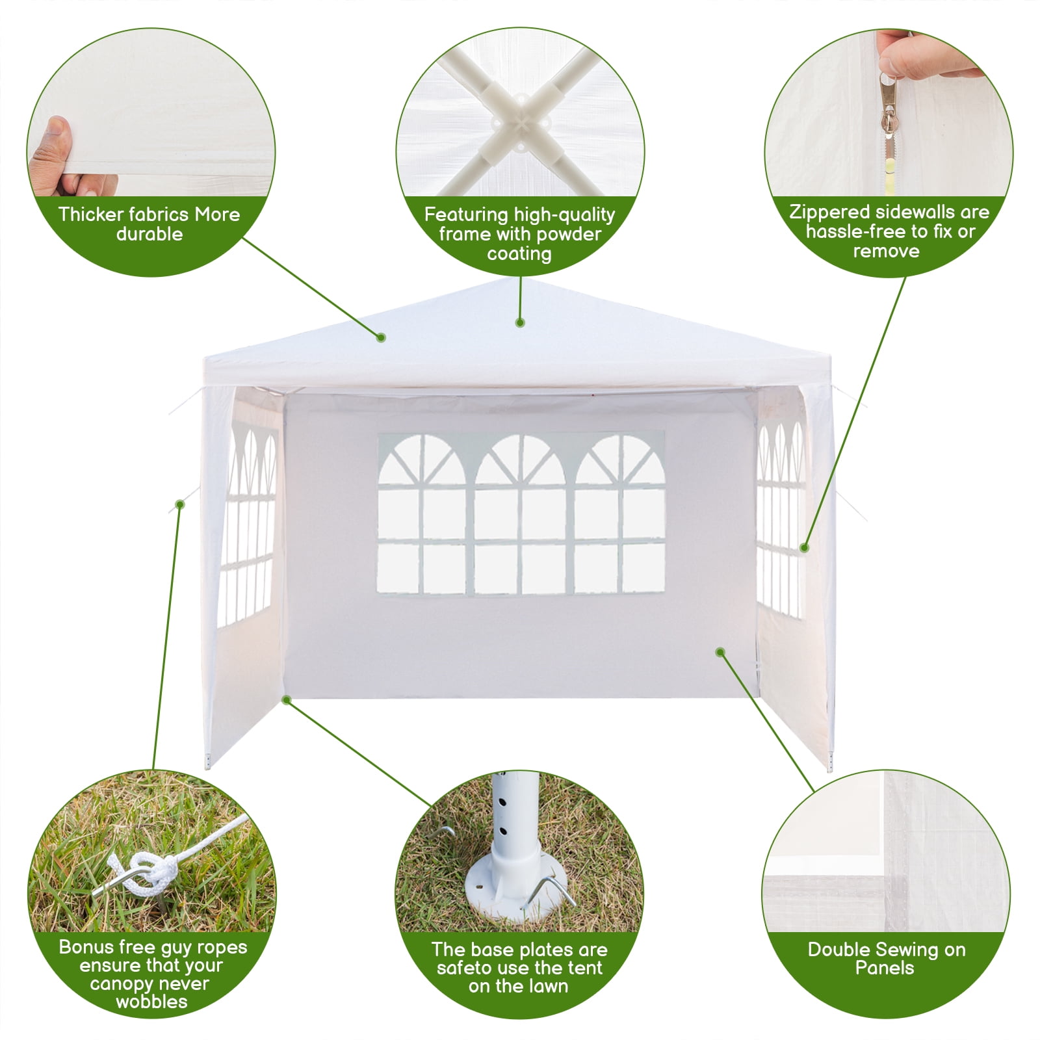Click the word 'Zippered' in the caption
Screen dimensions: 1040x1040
[x=829, y=213]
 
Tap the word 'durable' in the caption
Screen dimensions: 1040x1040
[x=149, y=234]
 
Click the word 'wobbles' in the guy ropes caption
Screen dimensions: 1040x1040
[x=151, y=1002]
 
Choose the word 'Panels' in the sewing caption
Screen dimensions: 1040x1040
[x=884, y=968]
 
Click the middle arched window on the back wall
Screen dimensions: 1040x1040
[x=521, y=513]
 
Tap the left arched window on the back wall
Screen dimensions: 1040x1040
[x=422, y=513]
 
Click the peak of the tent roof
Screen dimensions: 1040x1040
[x=520, y=281]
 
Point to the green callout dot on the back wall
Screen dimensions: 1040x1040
[x=720, y=652]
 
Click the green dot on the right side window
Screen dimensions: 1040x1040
[x=804, y=547]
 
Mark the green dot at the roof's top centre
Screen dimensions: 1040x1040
[x=519, y=322]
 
